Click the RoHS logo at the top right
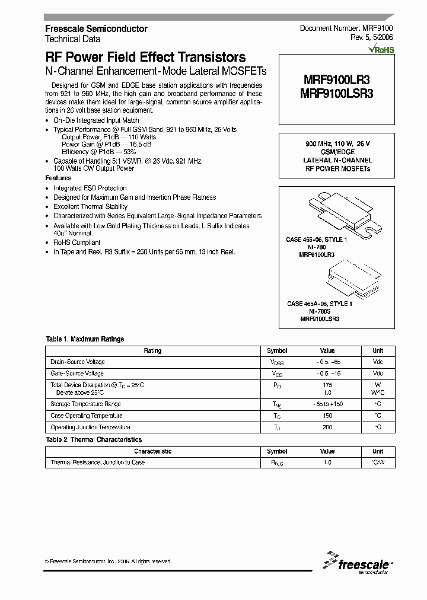(x=381, y=50)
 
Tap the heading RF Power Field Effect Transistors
(x=145, y=58)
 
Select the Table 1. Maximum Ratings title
(x=85, y=339)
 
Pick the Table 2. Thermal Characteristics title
(x=94, y=440)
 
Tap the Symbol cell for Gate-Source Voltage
(x=277, y=374)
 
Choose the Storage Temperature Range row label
(x=85, y=404)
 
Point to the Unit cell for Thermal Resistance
(x=378, y=462)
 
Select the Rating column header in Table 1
(x=152, y=351)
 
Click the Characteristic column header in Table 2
(x=152, y=451)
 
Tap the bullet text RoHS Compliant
(x=77, y=242)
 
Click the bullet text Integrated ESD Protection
(x=90, y=188)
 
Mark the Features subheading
(x=58, y=178)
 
